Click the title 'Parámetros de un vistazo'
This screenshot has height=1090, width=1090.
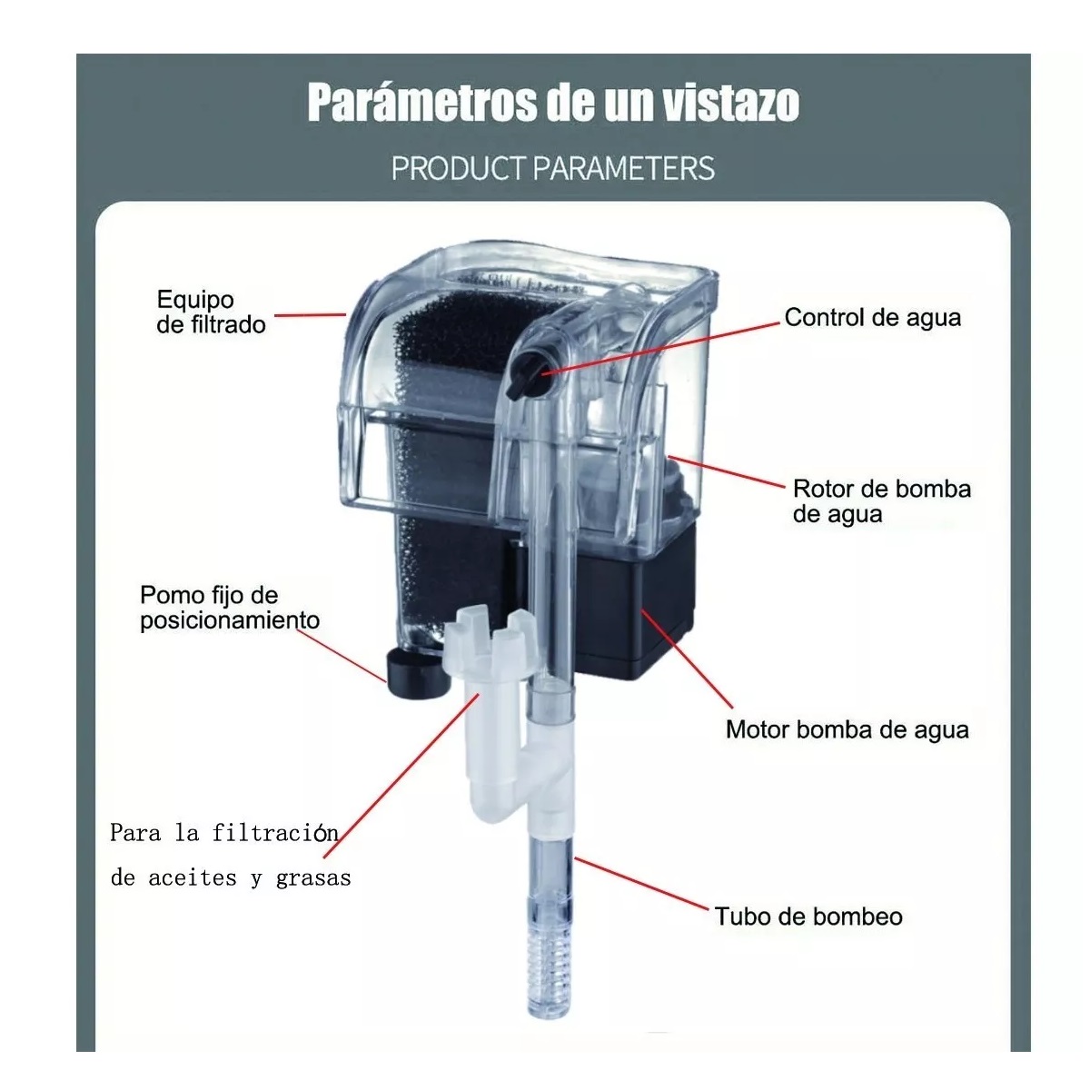coord(552,102)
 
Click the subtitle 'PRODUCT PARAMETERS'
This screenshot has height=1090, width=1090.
coord(552,168)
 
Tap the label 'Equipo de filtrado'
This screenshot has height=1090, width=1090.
coord(211,312)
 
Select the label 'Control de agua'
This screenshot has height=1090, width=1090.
coord(872,318)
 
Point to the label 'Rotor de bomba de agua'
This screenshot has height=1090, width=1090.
coord(881,501)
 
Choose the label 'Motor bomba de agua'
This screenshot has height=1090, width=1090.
coord(847,730)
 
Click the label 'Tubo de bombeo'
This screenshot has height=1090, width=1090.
coord(808,917)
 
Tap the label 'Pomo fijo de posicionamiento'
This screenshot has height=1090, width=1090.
coord(229,608)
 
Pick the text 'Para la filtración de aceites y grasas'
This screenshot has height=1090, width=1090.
coord(230,855)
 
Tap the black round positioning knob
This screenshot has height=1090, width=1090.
coord(413,672)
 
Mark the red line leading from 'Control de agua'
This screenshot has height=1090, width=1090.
coord(663,345)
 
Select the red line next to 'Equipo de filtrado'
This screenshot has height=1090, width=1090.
coord(309,315)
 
